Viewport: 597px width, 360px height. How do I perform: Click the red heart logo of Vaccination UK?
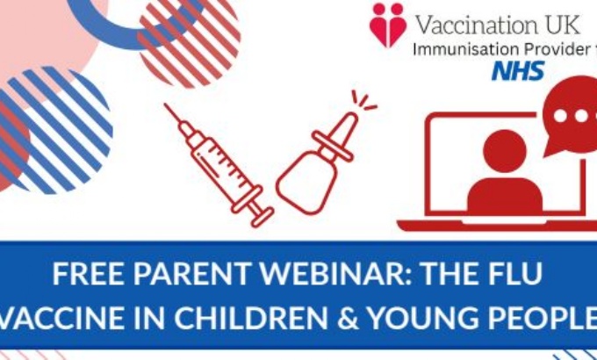pyautogui.click(x=387, y=25)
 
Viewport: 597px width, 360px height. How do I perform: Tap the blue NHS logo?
pyautogui.click(x=518, y=71)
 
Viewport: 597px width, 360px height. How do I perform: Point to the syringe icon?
pyautogui.click(x=219, y=165)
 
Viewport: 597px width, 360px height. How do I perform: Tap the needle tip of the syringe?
pyautogui.click(x=165, y=104)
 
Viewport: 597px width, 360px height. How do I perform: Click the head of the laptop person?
pyautogui.click(x=505, y=151)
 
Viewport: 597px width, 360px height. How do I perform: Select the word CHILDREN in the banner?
pyautogui.click(x=250, y=318)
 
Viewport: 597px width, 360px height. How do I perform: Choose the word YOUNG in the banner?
pyautogui.click(x=423, y=318)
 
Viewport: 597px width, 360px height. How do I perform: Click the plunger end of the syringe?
pyautogui.click(x=263, y=218)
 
